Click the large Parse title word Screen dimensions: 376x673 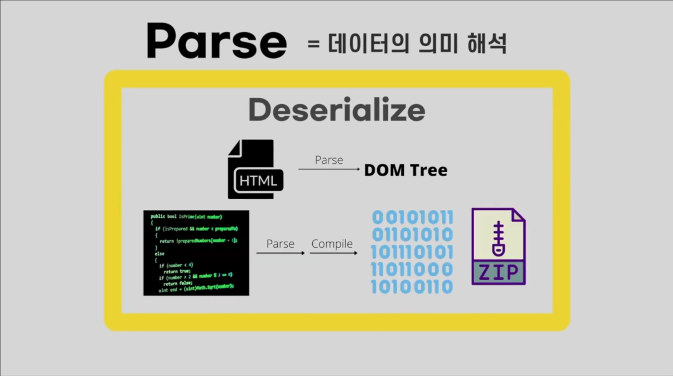216,41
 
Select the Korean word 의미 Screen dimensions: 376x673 438,43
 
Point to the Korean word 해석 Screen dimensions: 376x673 487,43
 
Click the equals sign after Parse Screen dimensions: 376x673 314,43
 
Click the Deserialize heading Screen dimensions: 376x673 336,109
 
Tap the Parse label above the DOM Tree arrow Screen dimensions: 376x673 329,160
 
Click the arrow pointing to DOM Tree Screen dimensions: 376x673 329,169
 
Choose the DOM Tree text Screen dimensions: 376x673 405,170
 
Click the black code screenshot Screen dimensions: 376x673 196,253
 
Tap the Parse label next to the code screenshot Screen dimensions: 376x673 280,244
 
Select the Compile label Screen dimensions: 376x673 332,244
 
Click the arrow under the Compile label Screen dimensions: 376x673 333,253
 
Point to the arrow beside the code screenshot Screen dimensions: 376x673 280,253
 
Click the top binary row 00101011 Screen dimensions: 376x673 412,218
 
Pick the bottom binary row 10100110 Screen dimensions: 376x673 412,287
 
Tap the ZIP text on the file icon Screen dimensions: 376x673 499,273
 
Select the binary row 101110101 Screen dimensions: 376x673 412,252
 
